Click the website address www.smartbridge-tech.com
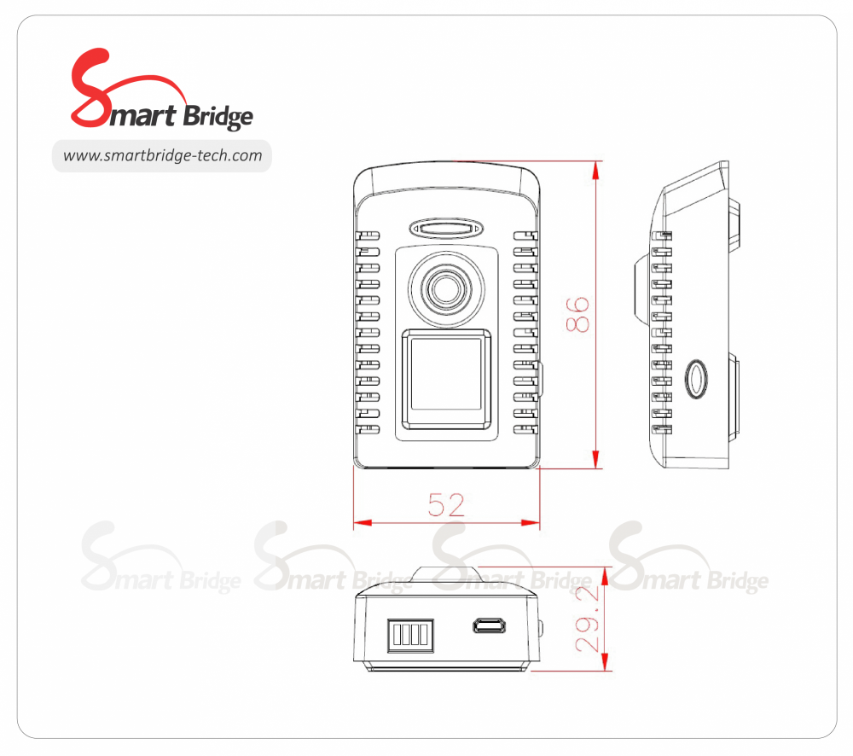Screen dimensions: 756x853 tap(162, 156)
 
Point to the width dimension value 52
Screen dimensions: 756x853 tap(446, 505)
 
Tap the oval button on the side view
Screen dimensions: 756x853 tap(696, 377)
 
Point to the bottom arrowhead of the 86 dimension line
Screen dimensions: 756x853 tap(596, 461)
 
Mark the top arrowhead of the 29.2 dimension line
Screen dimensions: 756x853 tap(606, 573)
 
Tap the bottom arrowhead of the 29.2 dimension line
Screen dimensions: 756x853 tap(606, 664)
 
